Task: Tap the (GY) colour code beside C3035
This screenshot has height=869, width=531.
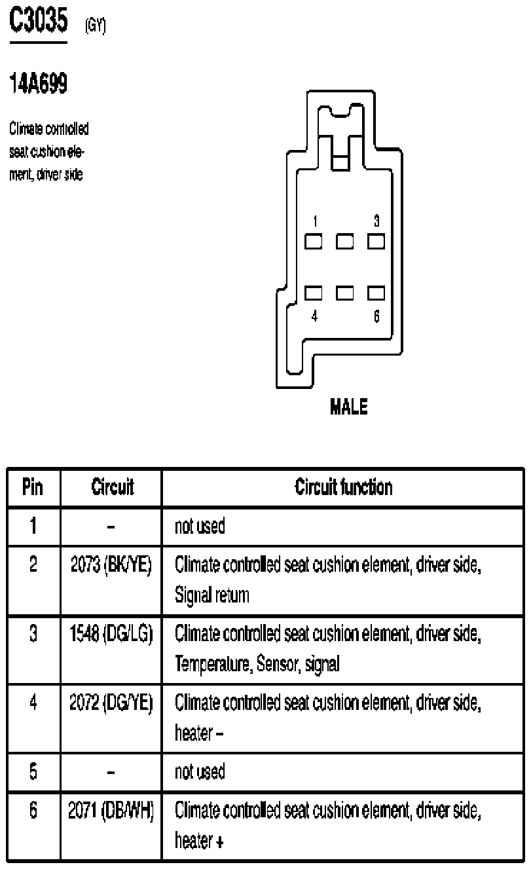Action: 94,26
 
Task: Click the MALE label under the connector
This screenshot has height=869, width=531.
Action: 348,407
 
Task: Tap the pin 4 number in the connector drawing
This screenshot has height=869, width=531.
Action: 314,316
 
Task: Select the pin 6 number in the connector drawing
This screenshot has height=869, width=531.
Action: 376,316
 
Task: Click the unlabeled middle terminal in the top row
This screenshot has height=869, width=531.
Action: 345,242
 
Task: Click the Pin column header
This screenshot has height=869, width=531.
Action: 33,487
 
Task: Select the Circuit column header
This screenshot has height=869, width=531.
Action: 111,487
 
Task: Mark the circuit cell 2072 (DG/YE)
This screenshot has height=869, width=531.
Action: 111,703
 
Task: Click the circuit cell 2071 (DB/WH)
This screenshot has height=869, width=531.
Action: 111,812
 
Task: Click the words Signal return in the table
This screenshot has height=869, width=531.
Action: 212,596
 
